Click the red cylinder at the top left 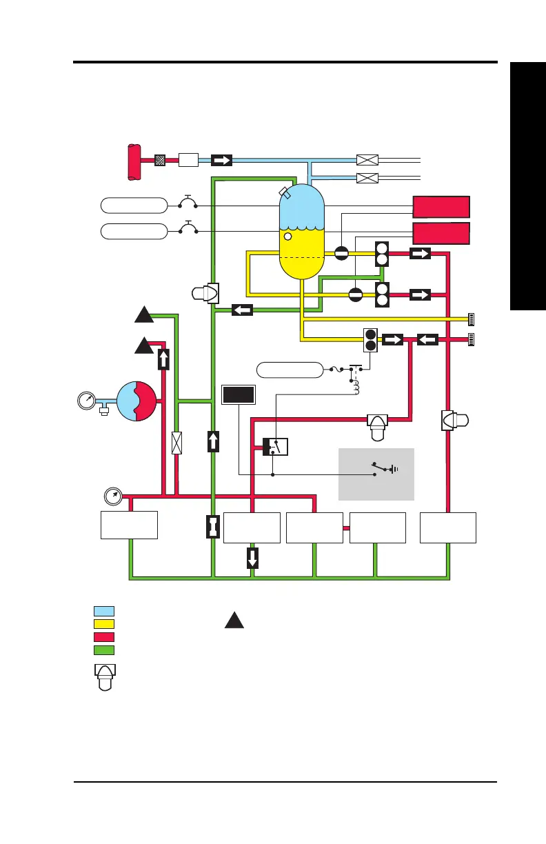(134, 160)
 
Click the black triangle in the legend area (234, 620)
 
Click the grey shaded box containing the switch (376, 474)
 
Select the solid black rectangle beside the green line (239, 395)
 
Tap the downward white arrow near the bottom (252, 557)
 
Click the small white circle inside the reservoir (289, 237)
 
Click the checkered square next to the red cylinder (161, 160)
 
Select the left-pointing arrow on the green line (242, 310)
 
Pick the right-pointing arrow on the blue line (221, 160)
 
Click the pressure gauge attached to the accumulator (87, 401)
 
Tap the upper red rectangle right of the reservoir (441, 207)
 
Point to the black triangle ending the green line (143, 316)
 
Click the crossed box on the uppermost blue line (367, 160)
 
